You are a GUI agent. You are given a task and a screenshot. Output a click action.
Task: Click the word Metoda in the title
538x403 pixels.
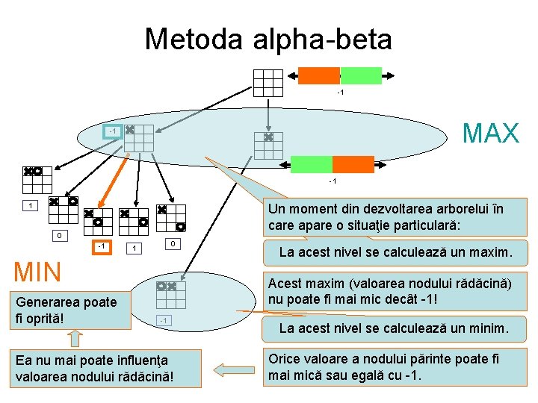coord(191,39)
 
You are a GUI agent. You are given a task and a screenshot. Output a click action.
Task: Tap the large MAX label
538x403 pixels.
coord(490,134)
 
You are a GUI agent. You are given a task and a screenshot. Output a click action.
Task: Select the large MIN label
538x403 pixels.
coord(38,272)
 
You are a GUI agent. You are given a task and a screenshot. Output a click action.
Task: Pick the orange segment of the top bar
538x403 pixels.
coord(319,75)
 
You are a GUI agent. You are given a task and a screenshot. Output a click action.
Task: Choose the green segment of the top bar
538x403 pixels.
coord(361,75)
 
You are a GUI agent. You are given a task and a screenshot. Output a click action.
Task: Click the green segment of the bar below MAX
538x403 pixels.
coord(311,164)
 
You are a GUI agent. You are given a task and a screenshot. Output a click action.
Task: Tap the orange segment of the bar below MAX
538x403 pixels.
coord(353,164)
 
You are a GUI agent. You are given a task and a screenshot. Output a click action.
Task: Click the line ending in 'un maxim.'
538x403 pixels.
coord(395,252)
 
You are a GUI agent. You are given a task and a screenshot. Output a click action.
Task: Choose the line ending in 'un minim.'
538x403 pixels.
coord(394,327)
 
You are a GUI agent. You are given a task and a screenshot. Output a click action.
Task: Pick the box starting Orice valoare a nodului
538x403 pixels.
coord(395,366)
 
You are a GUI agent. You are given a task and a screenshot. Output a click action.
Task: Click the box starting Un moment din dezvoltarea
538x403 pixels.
coord(395,216)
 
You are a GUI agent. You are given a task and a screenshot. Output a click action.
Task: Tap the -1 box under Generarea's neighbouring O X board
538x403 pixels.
coord(165,320)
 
